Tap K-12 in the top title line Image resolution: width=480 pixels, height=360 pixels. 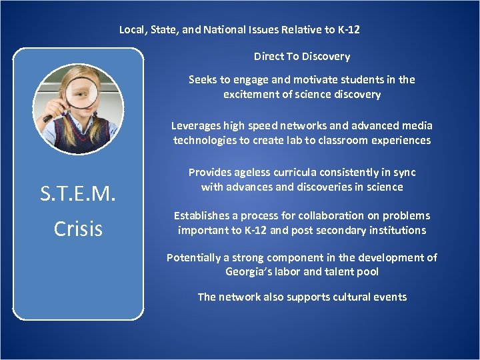(347, 29)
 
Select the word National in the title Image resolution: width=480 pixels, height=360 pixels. (217, 29)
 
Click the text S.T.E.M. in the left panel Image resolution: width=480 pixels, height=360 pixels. (78, 194)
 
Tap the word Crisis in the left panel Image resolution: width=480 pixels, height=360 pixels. (78, 229)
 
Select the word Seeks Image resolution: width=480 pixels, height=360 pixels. (202, 79)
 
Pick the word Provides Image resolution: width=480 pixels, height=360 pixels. (210, 172)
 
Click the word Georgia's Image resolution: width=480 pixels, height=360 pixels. (249, 272)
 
